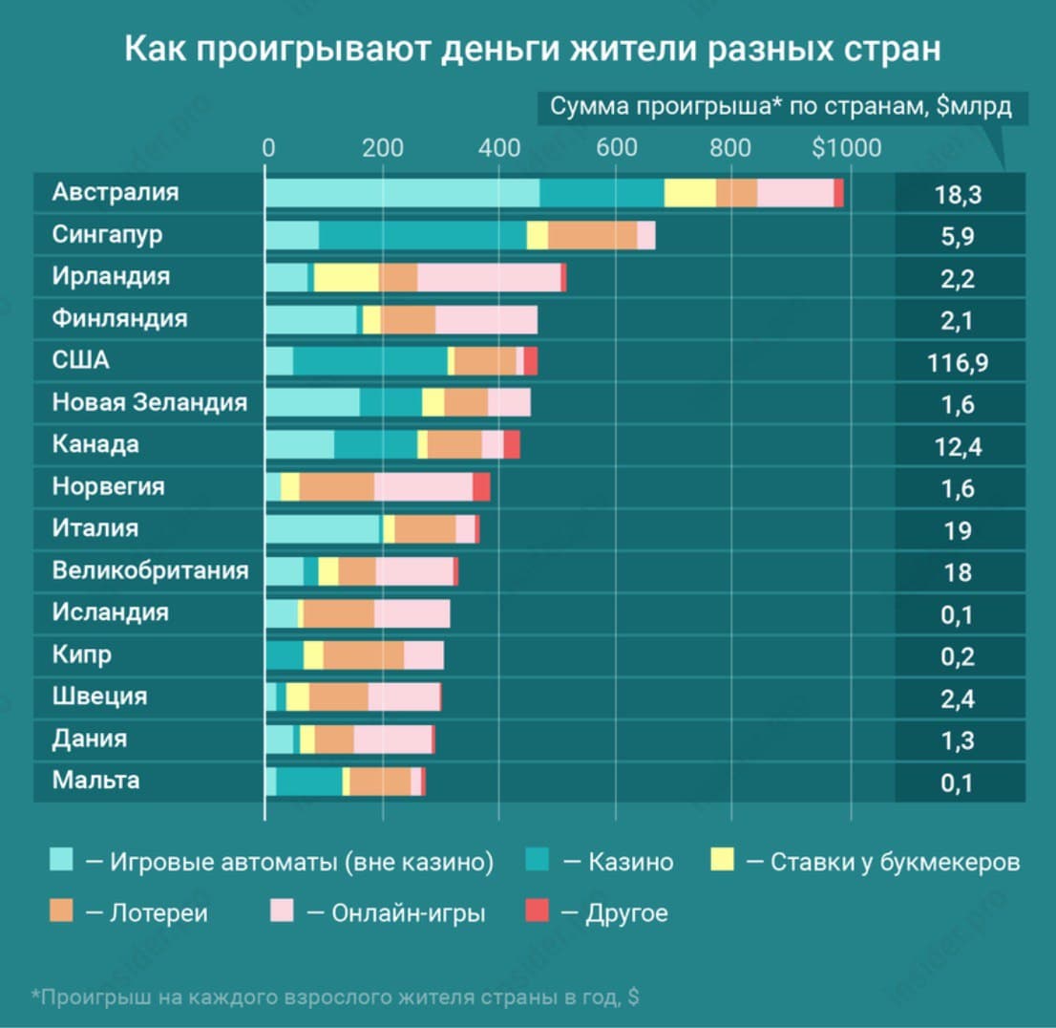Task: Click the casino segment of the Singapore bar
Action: point(422,235)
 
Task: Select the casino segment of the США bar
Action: point(370,361)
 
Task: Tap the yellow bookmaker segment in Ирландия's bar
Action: point(346,277)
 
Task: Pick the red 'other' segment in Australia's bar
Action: point(838,193)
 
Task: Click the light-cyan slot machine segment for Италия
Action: point(322,529)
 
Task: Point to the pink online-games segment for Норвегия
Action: point(423,487)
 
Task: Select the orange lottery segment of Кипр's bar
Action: point(363,655)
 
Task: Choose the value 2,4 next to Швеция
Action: point(957,698)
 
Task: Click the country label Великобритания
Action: point(150,571)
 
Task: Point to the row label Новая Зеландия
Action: point(149,403)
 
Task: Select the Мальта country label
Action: point(95,781)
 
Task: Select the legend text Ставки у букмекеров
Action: point(895,862)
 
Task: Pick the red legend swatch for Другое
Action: point(538,912)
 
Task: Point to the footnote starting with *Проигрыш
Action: point(335,997)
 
